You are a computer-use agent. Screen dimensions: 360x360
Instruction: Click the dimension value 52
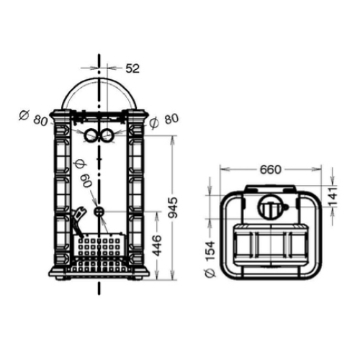tap(132, 68)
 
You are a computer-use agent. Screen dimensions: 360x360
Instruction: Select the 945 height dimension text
tap(173, 208)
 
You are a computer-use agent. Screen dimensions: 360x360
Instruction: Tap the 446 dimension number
tap(157, 246)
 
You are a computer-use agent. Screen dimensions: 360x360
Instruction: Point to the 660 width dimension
tap(271, 170)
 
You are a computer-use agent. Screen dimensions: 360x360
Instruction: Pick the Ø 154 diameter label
tap(210, 259)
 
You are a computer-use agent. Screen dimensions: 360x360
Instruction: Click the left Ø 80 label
tap(34, 117)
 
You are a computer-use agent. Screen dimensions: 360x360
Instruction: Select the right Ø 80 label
tap(164, 121)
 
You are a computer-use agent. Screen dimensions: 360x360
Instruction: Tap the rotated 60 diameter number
tap(86, 181)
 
